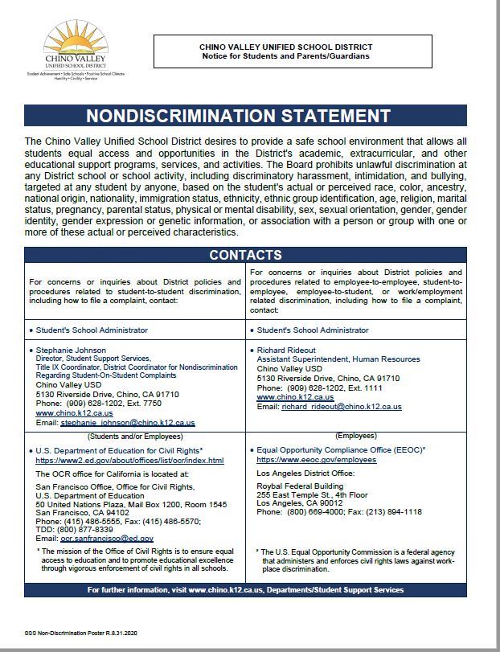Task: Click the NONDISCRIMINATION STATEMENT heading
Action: [249, 115]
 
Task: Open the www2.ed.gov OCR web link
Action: [129, 461]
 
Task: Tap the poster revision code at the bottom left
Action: [65, 634]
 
